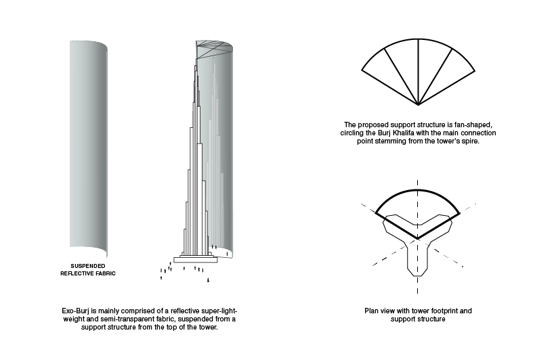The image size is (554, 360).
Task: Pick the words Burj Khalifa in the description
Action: click(x=395, y=133)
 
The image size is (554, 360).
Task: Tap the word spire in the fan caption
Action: click(x=469, y=141)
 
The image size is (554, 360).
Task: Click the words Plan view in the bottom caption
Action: click(x=377, y=311)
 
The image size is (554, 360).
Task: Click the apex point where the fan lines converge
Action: click(x=419, y=106)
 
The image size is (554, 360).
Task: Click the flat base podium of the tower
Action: click(x=196, y=258)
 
